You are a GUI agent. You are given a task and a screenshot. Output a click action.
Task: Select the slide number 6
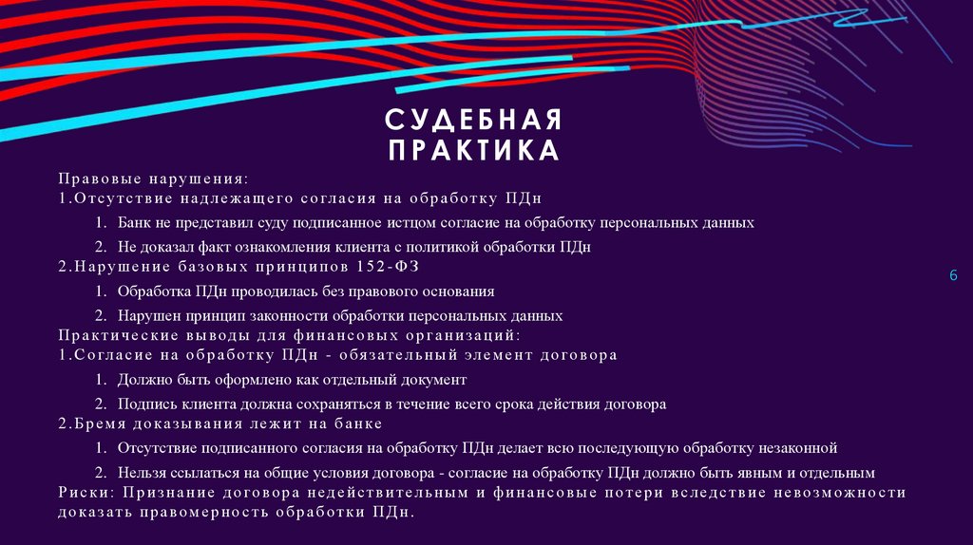(953, 274)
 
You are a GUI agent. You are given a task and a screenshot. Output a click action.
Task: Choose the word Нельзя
(143, 472)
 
